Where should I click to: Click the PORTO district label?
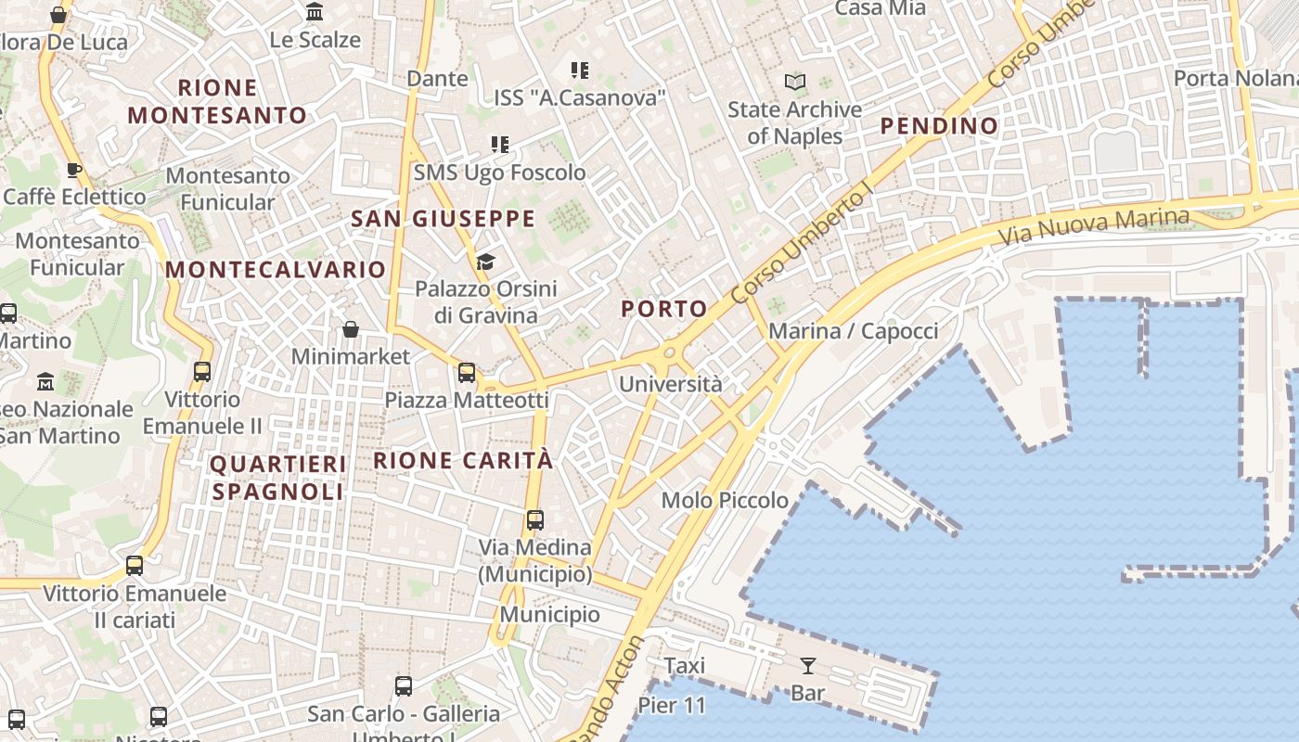coord(664,309)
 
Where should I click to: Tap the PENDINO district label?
coord(939,126)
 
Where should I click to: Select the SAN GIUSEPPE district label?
coord(444,219)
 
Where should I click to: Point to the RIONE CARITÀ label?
coord(463,460)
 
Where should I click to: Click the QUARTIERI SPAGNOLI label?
coord(278,478)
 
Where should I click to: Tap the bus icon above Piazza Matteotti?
coord(467,373)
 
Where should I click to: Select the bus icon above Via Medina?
coord(535,519)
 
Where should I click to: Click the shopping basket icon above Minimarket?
coord(351,329)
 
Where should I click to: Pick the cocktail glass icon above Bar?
coord(808,665)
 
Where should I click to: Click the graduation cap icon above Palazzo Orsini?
coord(485,262)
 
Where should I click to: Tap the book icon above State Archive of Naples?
coord(794,82)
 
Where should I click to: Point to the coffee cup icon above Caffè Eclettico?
coord(74,170)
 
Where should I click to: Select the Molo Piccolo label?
coord(725,501)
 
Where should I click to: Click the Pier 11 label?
coord(672,705)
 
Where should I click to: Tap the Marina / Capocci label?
coord(854,331)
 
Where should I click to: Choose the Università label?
coord(670,384)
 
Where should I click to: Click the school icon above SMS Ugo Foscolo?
coord(500,145)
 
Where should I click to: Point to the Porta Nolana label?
coord(1236,78)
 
